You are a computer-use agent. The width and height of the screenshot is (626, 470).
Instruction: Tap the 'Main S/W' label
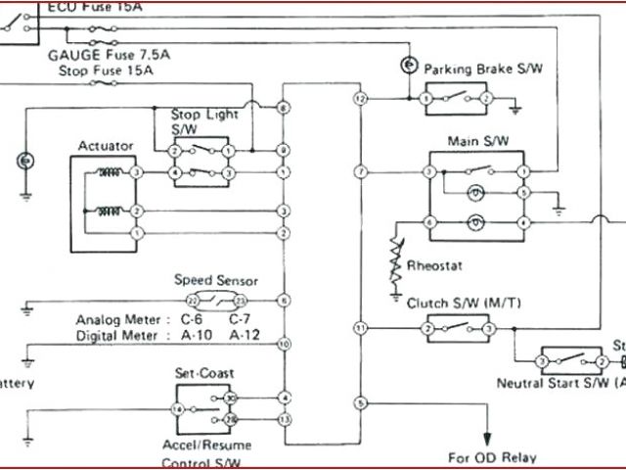[x=478, y=141]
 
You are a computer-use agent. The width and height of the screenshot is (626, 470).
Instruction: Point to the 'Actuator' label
[x=106, y=146]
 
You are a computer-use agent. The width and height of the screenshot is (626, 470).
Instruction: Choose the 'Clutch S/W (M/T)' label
[x=464, y=305]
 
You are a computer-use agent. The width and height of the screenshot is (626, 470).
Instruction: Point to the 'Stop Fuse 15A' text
[x=105, y=70]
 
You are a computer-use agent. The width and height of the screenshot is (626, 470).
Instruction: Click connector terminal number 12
[x=361, y=99]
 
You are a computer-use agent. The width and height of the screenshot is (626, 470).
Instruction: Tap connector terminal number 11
[x=361, y=326]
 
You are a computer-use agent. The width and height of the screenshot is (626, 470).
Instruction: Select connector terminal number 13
[x=283, y=419]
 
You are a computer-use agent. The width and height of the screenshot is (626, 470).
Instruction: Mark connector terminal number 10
[x=283, y=344]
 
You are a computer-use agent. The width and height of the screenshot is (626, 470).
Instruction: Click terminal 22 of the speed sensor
[x=193, y=299]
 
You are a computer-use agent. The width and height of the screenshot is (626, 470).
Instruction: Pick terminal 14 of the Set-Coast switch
[x=177, y=408]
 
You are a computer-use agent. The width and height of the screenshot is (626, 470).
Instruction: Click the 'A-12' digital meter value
[x=244, y=335]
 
